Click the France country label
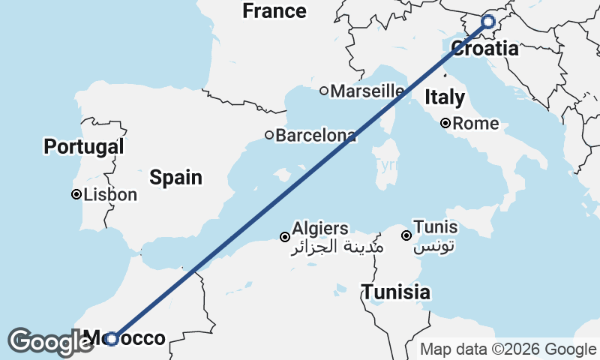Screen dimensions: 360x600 click(274, 11)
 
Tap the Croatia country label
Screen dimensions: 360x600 click(484, 49)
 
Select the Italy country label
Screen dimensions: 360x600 click(445, 97)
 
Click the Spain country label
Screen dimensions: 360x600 click(175, 178)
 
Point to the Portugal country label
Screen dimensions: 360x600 click(83, 146)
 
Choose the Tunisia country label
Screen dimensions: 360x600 click(396, 292)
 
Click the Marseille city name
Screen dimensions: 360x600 click(367, 91)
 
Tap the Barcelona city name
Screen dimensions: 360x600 click(316, 136)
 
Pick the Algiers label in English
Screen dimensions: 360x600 click(320, 228)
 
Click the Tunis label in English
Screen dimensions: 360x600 click(436, 227)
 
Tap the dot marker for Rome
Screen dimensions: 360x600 click(445, 123)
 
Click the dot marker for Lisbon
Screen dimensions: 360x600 click(76, 195)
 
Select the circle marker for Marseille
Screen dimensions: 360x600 click(324, 91)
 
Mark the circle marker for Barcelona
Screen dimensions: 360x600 click(269, 136)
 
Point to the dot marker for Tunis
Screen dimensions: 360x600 click(406, 235)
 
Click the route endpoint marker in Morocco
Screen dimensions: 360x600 click(111, 339)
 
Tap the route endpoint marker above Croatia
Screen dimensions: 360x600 click(488, 22)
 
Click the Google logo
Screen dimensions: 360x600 click(51, 342)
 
